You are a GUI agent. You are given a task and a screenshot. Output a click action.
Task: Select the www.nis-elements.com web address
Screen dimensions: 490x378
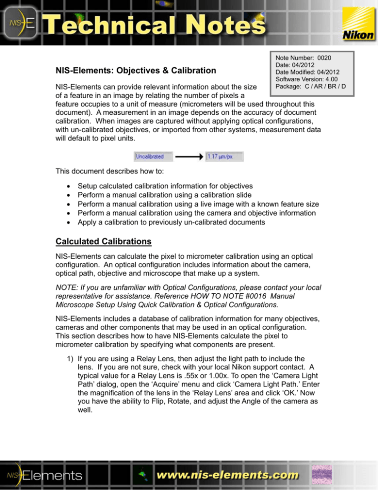[228, 475]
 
